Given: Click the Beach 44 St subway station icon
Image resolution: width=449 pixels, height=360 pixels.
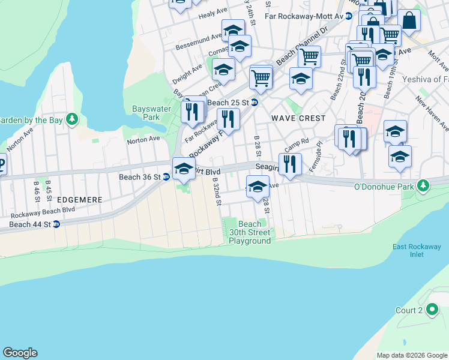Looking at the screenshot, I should [x=56, y=224].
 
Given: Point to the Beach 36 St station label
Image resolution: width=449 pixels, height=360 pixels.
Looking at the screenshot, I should [x=139, y=177].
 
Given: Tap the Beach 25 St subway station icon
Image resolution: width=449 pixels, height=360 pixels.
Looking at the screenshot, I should [x=254, y=103].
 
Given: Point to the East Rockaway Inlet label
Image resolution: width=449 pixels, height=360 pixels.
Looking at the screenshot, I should [x=409, y=250].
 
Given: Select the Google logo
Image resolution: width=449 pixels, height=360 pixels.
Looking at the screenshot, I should [x=20, y=353].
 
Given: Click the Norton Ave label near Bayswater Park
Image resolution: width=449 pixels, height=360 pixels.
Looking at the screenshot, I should [x=143, y=139].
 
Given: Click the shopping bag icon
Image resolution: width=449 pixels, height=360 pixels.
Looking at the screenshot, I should [x=409, y=21].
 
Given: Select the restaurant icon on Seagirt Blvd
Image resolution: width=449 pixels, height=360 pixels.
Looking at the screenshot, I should [x=290, y=164].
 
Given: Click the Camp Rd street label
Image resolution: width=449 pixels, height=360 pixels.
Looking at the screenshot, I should [x=296, y=145].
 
